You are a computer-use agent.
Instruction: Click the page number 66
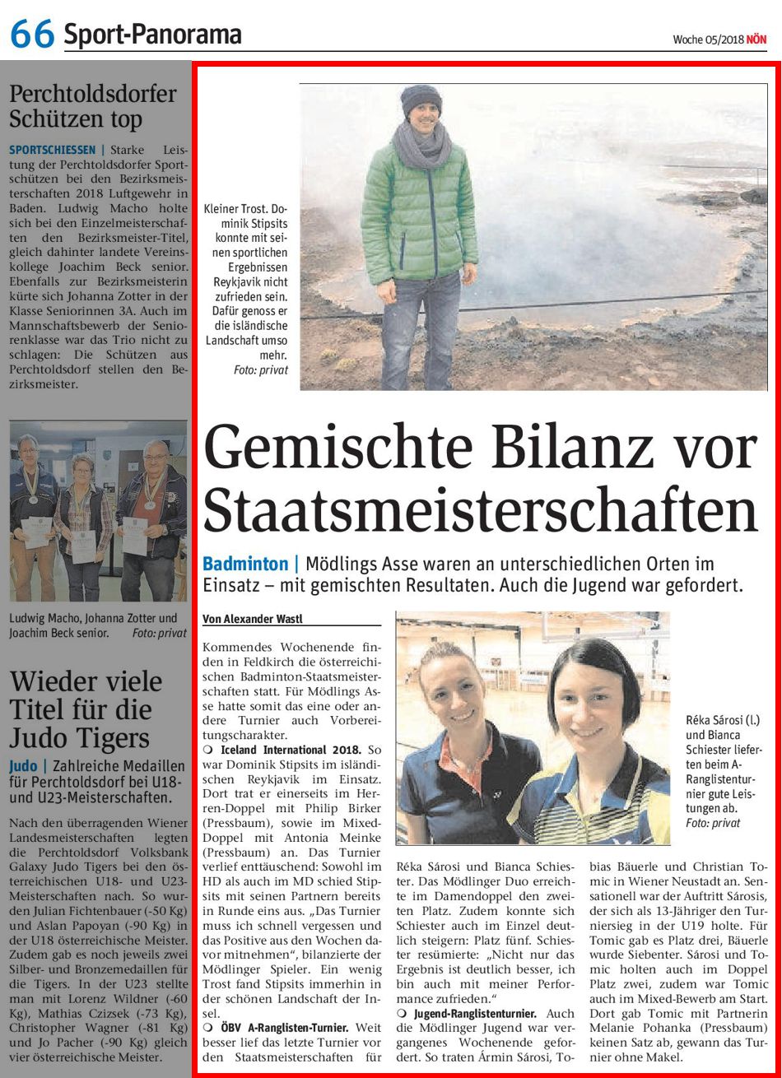click(x=31, y=34)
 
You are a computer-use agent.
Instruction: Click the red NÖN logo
click(x=756, y=39)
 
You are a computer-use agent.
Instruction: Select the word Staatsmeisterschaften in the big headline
click(x=480, y=510)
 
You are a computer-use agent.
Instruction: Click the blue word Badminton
click(x=244, y=564)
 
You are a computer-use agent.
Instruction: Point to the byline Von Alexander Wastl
click(x=256, y=618)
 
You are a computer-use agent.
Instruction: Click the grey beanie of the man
click(x=421, y=102)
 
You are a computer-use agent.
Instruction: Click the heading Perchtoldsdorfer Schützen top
click(x=92, y=105)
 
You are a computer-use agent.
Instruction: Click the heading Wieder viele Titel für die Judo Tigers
click(x=86, y=708)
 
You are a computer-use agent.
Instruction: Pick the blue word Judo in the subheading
click(x=23, y=765)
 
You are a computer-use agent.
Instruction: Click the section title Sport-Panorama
click(x=152, y=35)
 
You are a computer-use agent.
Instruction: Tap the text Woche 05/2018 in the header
click(x=707, y=39)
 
